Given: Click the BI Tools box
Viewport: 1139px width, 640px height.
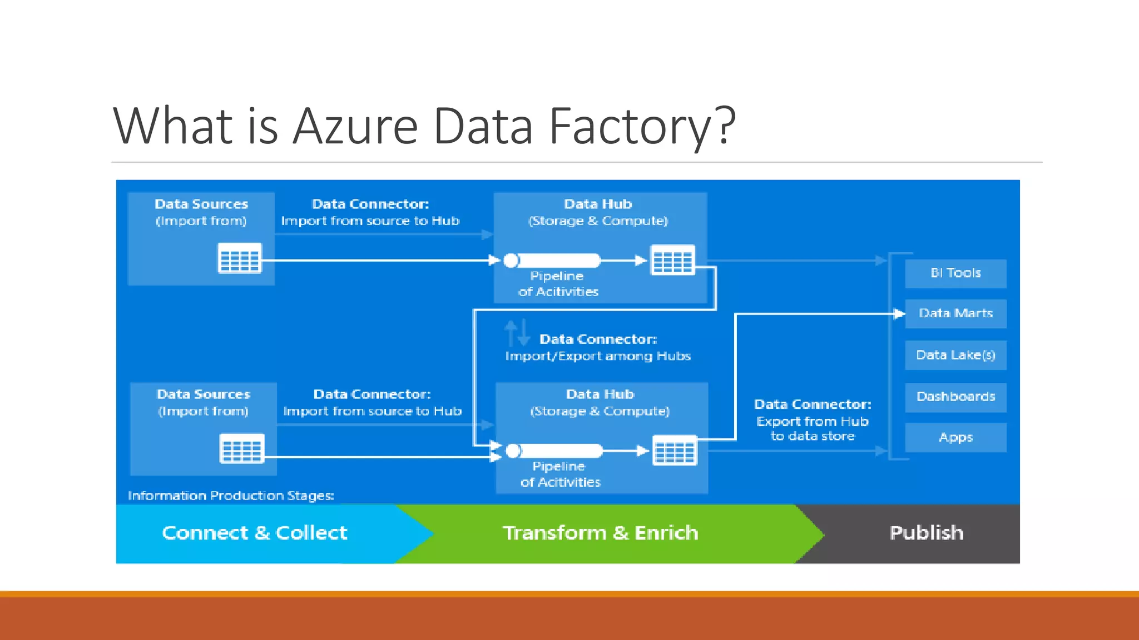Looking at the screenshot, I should (955, 273).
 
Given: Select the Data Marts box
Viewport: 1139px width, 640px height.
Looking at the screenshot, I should (955, 313).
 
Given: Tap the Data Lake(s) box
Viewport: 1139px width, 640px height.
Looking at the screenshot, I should (955, 355).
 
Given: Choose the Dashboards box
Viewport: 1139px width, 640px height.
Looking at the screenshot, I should (955, 397).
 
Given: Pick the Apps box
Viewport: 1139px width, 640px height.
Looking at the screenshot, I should (955, 437).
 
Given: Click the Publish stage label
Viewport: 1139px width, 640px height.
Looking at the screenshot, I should (927, 533).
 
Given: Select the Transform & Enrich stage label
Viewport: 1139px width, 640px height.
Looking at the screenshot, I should (600, 533).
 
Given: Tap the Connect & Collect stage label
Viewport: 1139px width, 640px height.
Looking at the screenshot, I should (255, 533).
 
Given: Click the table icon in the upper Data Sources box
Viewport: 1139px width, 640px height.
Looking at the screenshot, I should (240, 258).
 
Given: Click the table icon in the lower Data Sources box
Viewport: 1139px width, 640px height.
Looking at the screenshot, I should (242, 449).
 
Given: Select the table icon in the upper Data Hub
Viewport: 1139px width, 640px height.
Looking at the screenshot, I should (673, 260).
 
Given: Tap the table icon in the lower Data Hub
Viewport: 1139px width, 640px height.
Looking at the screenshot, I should (675, 450).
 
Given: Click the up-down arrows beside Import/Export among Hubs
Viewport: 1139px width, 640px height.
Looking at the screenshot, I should (517, 333).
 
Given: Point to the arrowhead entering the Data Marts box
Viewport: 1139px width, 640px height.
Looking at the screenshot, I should (899, 314).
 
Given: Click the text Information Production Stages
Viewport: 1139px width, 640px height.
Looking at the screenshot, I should (231, 496).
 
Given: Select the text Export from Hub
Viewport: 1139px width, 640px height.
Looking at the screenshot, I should (812, 422).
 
